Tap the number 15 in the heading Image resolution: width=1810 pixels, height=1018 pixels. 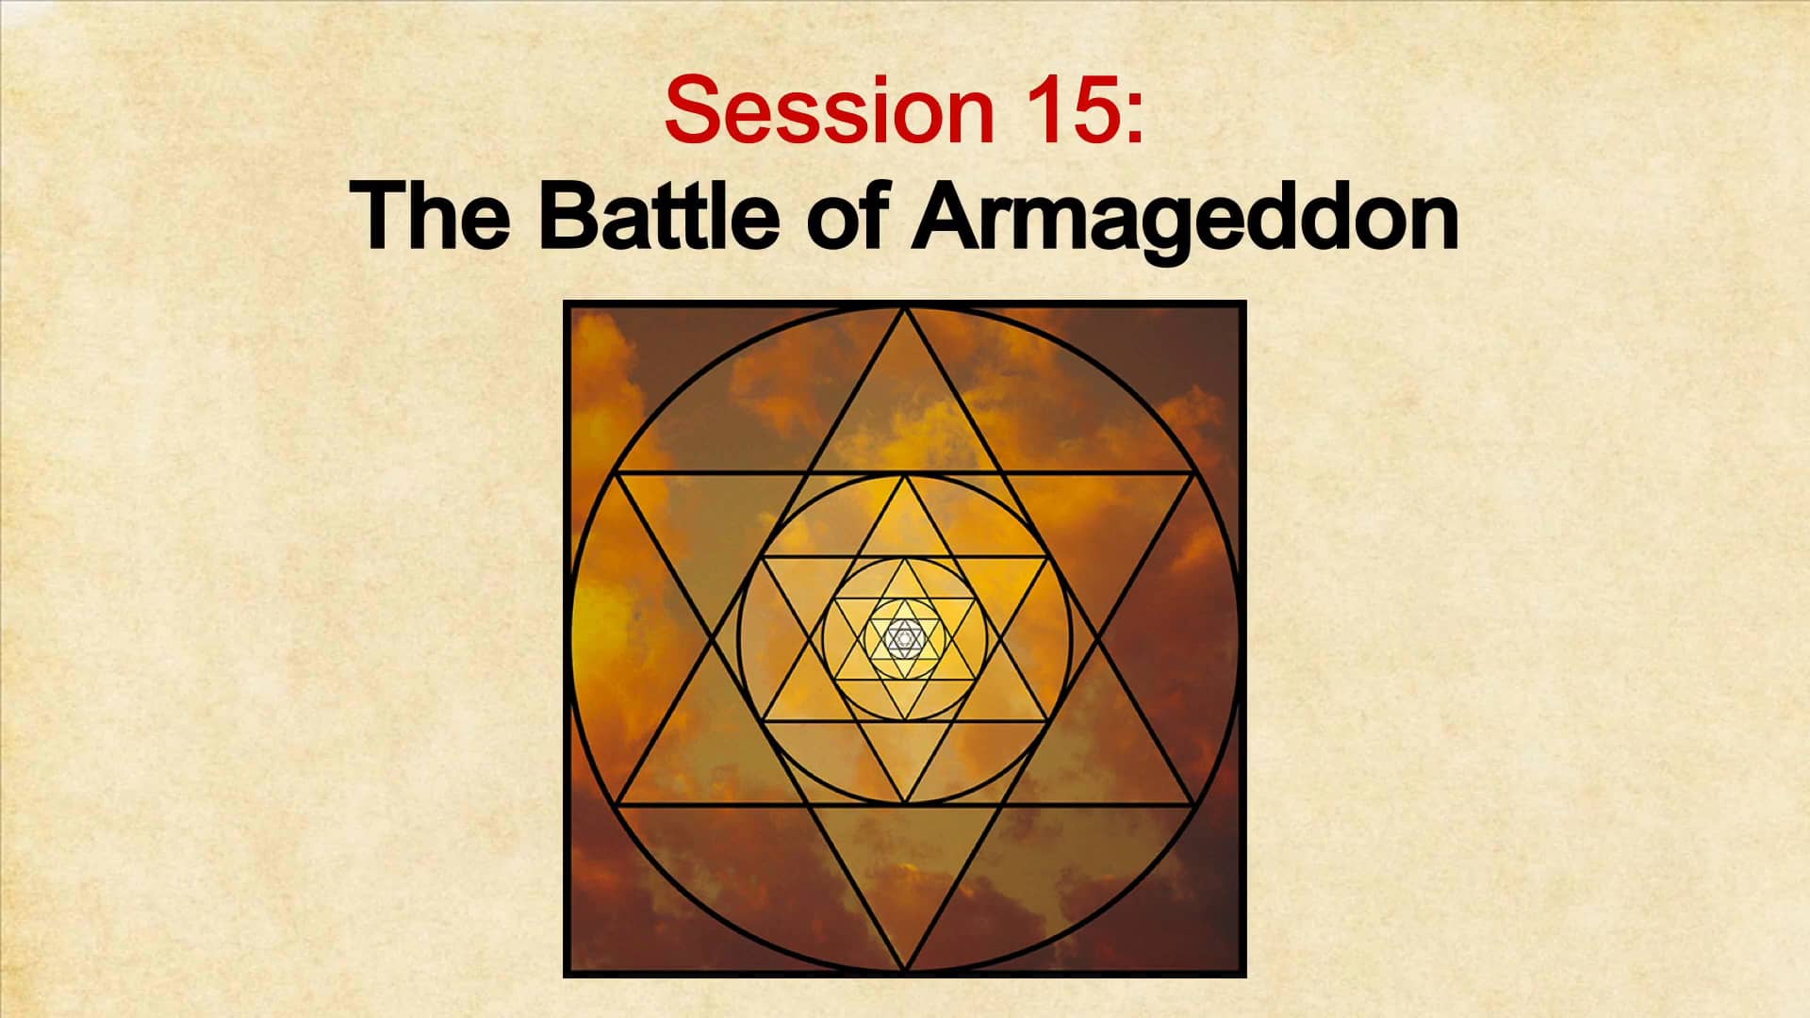click(x=1070, y=110)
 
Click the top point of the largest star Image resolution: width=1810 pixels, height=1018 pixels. click(x=905, y=307)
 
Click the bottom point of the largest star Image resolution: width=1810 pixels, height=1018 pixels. click(x=905, y=971)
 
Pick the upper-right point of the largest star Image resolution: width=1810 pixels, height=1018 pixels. click(x=1194, y=473)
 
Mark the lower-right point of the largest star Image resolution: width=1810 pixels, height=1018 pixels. click(x=1194, y=806)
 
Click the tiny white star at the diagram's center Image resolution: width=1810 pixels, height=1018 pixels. click(x=905, y=640)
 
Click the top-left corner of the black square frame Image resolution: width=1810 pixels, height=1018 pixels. click(x=566, y=303)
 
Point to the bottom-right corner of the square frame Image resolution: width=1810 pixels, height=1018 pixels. click(x=1244, y=976)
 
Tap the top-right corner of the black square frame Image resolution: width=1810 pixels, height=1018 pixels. click(x=1244, y=303)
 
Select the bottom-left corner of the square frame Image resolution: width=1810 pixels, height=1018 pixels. click(x=566, y=976)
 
